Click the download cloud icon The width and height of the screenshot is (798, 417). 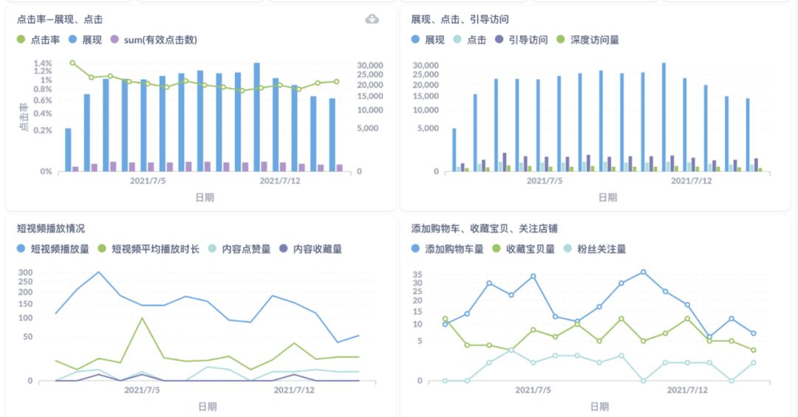pyautogui.click(x=372, y=19)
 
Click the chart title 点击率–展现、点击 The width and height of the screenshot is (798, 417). pyautogui.click(x=59, y=19)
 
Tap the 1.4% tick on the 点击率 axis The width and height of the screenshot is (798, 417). pyautogui.click(x=42, y=63)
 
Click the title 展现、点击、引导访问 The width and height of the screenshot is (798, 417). pyautogui.click(x=460, y=19)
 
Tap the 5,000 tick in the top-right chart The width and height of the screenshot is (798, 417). pyautogui.click(x=426, y=128)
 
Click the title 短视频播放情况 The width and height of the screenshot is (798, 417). pyautogui.click(x=50, y=229)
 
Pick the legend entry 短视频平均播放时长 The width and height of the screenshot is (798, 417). pyautogui.click(x=149, y=249)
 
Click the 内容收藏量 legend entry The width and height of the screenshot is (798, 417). pyautogui.click(x=311, y=249)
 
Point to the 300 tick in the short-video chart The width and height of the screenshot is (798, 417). pyautogui.click(x=26, y=272)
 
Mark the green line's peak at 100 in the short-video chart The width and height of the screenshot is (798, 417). pyautogui.click(x=142, y=318)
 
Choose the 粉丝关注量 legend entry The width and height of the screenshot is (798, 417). pyautogui.click(x=596, y=249)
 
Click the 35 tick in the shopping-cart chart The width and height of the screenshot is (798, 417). pyautogui.click(x=417, y=274)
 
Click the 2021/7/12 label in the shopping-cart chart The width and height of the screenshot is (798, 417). pyautogui.click(x=688, y=390)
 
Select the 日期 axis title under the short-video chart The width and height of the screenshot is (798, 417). pyautogui.click(x=207, y=407)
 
